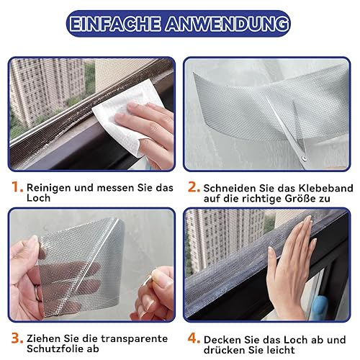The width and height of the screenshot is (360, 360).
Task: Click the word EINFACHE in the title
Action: point(114,24)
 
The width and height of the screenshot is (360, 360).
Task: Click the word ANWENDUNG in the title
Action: point(227,24)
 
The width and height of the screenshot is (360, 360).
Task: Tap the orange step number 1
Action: point(17,186)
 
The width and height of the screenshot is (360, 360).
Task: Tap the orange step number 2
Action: point(194,187)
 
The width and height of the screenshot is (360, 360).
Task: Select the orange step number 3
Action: point(17,338)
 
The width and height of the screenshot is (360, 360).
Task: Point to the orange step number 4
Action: point(194,338)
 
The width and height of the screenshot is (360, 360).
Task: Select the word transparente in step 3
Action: point(134,338)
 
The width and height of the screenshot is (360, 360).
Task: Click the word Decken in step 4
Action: point(222,340)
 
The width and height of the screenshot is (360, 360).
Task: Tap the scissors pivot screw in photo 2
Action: point(304,158)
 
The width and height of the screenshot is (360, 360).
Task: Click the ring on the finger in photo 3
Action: point(37,293)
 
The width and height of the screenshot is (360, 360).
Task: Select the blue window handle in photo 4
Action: point(320,307)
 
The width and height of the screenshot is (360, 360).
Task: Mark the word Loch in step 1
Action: point(38,198)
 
